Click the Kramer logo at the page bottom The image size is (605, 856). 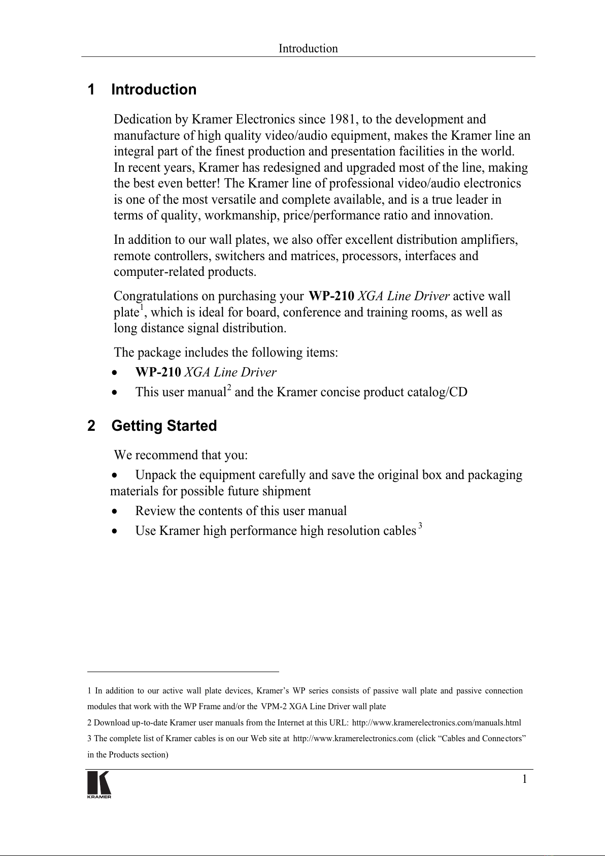click(99, 784)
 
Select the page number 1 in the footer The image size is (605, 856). click(524, 779)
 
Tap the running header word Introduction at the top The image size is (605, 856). click(308, 49)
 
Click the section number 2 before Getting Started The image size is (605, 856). click(91, 426)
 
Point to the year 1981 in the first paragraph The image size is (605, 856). click(344, 119)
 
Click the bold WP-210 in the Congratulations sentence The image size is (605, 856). click(331, 296)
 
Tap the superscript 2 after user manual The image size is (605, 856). click(229, 389)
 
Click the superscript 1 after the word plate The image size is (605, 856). click(142, 308)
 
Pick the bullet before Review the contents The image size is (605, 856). click(116, 511)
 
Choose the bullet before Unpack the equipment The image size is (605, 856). click(116, 475)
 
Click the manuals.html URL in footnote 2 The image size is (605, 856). click(436, 722)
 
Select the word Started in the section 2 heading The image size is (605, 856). click(192, 426)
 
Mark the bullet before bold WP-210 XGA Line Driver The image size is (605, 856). click(116, 373)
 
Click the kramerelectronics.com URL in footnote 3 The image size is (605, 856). click(353, 739)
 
